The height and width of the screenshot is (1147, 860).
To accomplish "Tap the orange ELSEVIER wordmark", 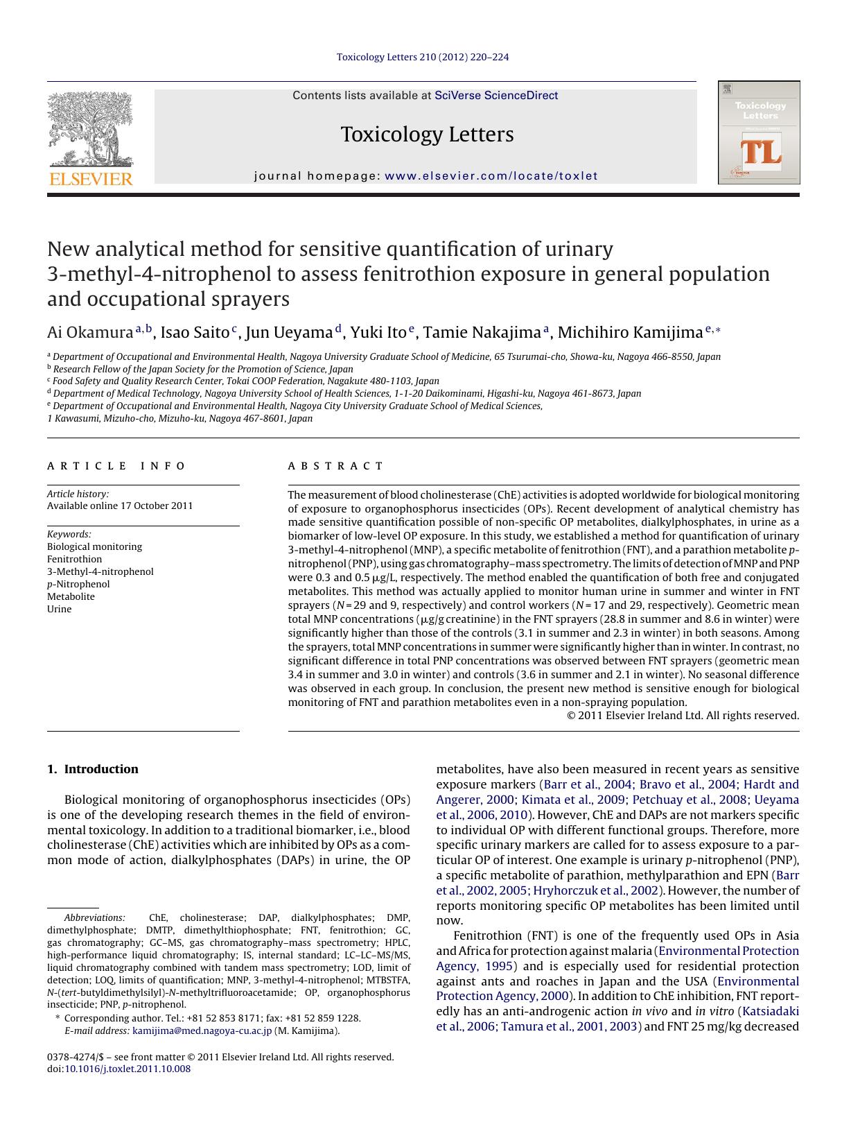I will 90,179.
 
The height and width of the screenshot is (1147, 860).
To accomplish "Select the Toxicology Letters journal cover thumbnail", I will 759,132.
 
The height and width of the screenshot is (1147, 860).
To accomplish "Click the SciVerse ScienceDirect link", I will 495,96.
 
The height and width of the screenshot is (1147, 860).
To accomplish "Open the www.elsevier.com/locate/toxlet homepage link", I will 491,176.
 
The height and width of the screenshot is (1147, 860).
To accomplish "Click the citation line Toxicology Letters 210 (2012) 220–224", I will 423,57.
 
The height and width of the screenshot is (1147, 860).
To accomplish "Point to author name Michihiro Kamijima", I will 630,333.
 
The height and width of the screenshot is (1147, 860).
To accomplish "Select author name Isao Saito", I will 195,333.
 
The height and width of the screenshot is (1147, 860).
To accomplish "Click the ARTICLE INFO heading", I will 116,466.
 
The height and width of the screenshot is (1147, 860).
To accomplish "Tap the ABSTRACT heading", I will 335,466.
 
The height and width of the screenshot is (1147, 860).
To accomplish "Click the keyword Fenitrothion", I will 74,559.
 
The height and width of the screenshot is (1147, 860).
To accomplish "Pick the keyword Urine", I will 59,609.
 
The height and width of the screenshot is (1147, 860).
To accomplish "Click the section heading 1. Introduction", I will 93,768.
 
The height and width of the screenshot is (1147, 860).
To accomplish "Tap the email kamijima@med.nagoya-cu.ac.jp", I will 202,1030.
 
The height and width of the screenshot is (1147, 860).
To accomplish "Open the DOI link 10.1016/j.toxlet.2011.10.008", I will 128,1069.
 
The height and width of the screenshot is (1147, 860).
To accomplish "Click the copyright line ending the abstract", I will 683,715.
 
